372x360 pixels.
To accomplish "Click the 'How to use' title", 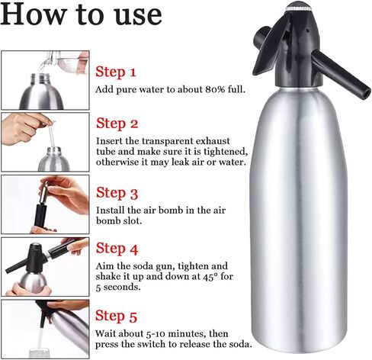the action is pyautogui.click(x=81, y=14).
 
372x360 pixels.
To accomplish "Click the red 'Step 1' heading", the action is pyautogui.click(x=116, y=72).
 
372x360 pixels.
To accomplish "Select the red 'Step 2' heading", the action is pyautogui.click(x=117, y=124).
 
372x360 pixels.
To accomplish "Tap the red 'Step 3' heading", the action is pyautogui.click(x=117, y=193).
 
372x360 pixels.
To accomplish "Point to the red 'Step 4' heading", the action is pyautogui.click(x=117, y=249).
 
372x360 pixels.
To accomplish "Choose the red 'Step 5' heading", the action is pyautogui.click(x=116, y=317).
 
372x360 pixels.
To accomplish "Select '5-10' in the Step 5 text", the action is pyautogui.click(x=156, y=333).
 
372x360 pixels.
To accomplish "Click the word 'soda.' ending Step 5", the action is pyautogui.click(x=241, y=344).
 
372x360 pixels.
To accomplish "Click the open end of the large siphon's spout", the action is pyautogui.click(x=365, y=93).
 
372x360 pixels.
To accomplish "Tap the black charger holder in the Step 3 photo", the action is pyautogui.click(x=40, y=215).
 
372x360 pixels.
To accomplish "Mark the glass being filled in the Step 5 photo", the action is pyautogui.click(x=39, y=353).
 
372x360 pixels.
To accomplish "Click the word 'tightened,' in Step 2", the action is pyautogui.click(x=226, y=152).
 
